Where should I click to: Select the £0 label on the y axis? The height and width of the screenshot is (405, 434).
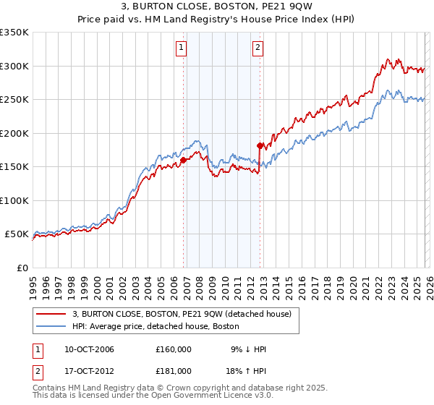(21, 268)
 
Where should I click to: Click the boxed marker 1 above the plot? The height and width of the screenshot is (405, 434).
(181, 48)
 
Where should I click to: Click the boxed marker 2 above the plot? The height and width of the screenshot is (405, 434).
(258, 48)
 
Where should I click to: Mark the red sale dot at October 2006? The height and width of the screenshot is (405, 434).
(183, 161)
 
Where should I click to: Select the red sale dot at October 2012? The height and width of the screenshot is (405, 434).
(260, 146)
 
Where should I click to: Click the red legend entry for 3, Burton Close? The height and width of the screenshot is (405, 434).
(181, 314)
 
